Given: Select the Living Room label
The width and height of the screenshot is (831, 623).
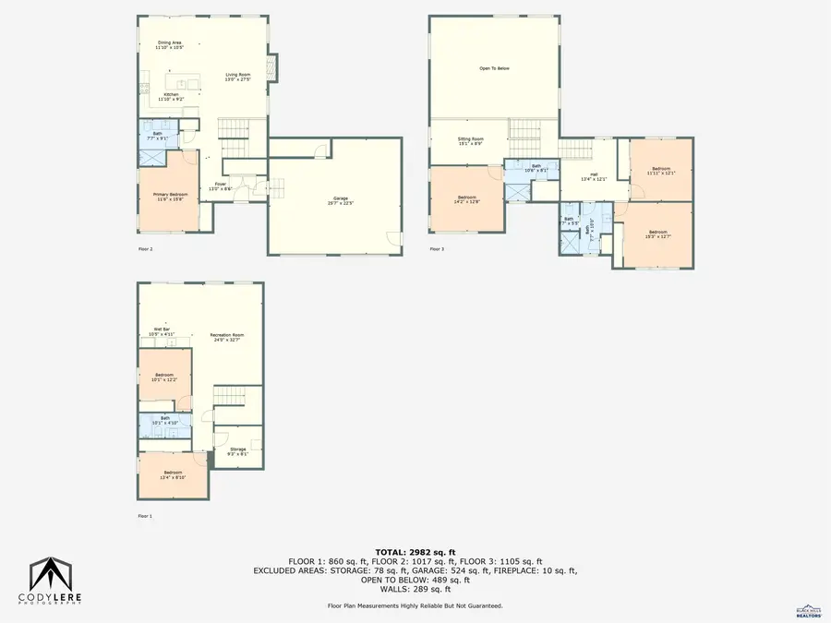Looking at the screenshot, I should coord(238,77).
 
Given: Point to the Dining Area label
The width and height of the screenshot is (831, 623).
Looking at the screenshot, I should coord(169,44).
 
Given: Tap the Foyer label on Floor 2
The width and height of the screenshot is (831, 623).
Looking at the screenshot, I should coord(221,186).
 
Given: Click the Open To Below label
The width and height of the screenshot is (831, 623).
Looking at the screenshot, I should coord(494,68).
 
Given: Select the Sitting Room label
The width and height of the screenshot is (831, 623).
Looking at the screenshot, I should coord(471,141).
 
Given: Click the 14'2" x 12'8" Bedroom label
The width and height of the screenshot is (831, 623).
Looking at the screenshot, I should coord(466,199).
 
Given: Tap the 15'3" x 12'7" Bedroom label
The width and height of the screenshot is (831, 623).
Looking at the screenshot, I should coord(657,234).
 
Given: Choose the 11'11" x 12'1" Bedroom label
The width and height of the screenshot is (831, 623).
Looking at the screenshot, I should coord(661,171).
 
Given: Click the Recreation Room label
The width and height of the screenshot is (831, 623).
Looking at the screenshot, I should coord(225,337).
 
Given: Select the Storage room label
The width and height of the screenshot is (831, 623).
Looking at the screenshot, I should coord(238,450).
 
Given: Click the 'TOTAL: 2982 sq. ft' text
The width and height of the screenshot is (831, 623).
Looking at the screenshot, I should coord(415,551).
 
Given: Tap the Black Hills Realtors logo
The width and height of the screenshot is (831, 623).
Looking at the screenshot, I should coord(809,609).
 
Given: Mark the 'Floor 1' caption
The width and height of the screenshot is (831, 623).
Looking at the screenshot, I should coord(145,516).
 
